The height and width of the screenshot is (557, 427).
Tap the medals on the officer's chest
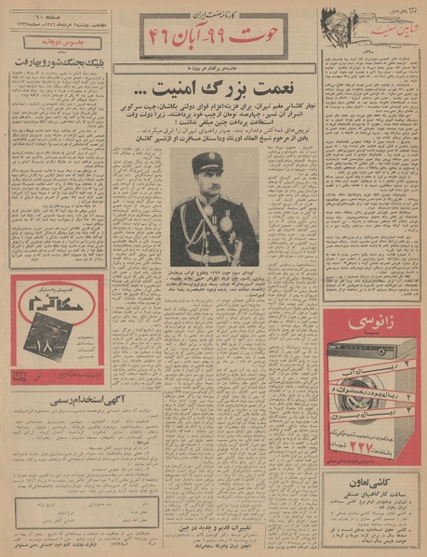pos(224,223)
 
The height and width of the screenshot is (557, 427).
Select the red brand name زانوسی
pos(367,324)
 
